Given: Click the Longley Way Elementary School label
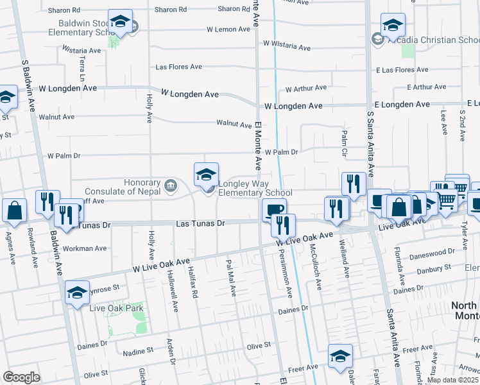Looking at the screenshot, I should [255, 187].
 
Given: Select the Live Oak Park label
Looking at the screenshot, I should [116, 308].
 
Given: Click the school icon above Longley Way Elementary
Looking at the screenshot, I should [207, 175].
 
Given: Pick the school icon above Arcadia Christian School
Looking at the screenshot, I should [393, 25].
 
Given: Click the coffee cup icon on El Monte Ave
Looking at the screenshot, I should [274, 210].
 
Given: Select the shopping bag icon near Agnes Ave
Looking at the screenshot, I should [14, 211].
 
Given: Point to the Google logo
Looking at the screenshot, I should [21, 377].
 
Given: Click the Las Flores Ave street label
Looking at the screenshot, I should [179, 67].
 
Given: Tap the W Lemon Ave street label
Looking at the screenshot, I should [228, 30].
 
